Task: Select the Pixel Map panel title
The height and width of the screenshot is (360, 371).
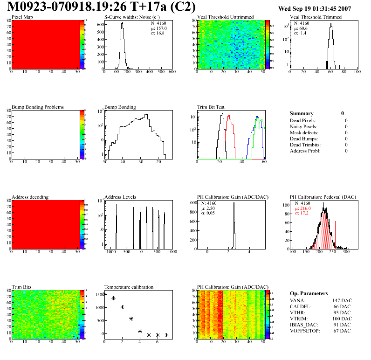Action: coord(22,17)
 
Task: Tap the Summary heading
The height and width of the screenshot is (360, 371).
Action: coord(301,113)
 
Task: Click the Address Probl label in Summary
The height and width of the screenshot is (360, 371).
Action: coord(305,151)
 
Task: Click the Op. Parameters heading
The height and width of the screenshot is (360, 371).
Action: coord(309,293)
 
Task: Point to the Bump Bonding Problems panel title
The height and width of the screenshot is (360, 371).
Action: coord(37,107)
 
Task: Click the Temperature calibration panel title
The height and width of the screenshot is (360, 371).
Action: coord(129,287)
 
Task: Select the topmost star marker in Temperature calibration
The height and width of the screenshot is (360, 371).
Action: coord(105,294)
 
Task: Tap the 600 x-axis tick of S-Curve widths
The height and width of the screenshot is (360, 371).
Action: coord(172,72)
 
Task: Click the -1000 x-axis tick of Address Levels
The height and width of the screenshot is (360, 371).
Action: coord(110,252)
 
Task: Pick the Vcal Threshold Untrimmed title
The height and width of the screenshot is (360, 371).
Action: coord(226,17)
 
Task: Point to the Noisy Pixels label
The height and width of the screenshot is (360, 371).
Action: coord(303,126)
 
